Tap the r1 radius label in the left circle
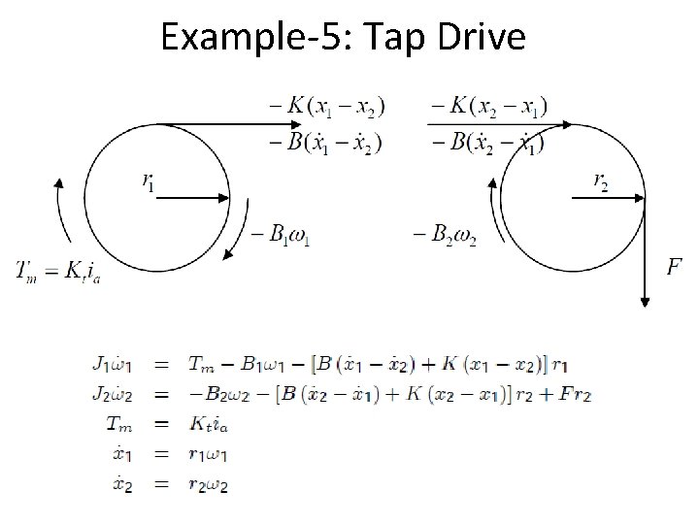(149, 180)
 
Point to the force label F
(675, 265)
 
